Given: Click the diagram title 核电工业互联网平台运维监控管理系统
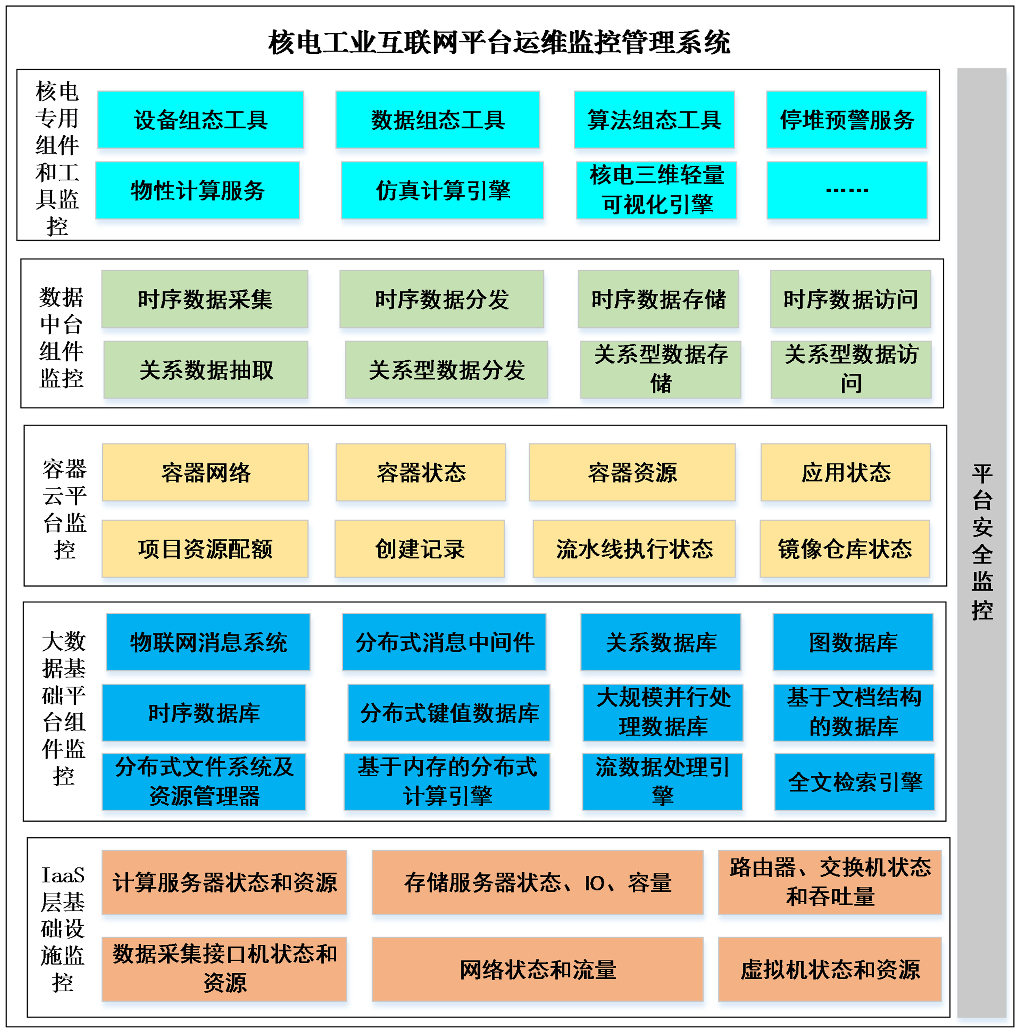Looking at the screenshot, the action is click(x=499, y=42).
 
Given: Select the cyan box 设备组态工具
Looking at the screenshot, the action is click(x=201, y=120).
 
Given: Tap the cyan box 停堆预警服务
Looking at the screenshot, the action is click(x=846, y=120).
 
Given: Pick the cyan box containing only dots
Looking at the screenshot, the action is click(x=846, y=190).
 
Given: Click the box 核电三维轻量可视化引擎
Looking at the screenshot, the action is click(x=656, y=190).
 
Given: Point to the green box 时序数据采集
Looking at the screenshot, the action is click(x=205, y=299).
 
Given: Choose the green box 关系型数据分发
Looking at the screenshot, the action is click(x=446, y=370).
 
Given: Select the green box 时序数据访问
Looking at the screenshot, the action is click(x=850, y=299).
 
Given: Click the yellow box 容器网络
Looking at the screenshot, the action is click(x=205, y=473).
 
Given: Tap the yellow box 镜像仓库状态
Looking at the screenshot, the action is click(x=844, y=549).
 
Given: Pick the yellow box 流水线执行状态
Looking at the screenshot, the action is click(x=634, y=549).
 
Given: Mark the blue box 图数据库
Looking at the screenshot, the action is click(x=853, y=642).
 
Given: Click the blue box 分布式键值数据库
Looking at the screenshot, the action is click(x=449, y=713).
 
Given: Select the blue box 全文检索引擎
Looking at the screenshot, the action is click(x=854, y=782).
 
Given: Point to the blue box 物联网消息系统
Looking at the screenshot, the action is click(x=208, y=642).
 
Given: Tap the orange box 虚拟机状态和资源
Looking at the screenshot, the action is click(x=830, y=969).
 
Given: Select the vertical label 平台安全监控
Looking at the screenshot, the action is click(x=982, y=542).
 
